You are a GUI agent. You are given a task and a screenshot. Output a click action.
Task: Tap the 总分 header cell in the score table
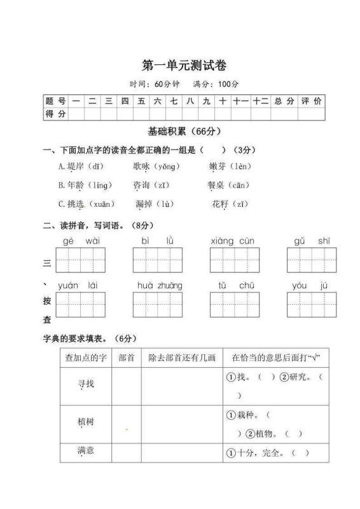pyautogui.click(x=284, y=101)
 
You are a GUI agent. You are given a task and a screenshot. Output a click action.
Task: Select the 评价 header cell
pyautogui.click(x=311, y=101)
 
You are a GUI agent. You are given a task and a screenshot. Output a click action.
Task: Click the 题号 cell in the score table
pyautogui.click(x=55, y=101)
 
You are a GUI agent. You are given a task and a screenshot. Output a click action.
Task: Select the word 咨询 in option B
pyautogui.click(x=141, y=185)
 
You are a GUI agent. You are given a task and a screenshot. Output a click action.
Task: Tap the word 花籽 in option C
pyautogui.click(x=220, y=204)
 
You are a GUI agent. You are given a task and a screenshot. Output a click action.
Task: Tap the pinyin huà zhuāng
pyautogui.click(x=160, y=286)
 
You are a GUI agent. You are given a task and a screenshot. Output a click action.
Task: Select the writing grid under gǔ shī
pyautogui.click(x=312, y=260)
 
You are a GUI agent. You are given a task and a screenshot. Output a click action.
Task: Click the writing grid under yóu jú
pyautogui.click(x=312, y=305)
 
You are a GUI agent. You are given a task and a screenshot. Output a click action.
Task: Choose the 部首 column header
pyautogui.click(x=126, y=358)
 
